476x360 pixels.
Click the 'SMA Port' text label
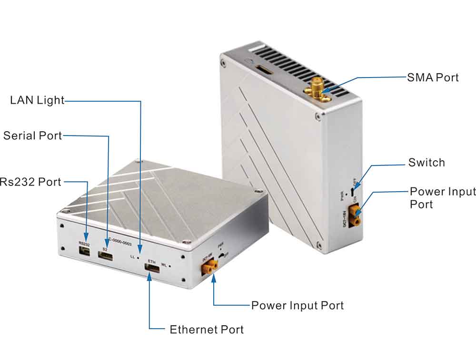[433, 77]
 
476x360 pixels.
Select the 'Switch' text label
[426, 163]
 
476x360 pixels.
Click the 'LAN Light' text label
[37, 100]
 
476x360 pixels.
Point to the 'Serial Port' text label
[32, 136]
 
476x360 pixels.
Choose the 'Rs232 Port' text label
[30, 181]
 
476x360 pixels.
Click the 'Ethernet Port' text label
[207, 329]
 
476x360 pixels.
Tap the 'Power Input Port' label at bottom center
[297, 305]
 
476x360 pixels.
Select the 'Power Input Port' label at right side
[442, 197]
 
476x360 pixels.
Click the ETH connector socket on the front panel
[152, 270]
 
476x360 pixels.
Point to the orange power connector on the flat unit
[208, 269]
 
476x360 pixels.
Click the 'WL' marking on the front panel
[164, 264]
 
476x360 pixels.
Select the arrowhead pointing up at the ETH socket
[149, 278]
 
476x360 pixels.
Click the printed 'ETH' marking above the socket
[152, 262]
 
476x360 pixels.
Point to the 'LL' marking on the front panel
[133, 257]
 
